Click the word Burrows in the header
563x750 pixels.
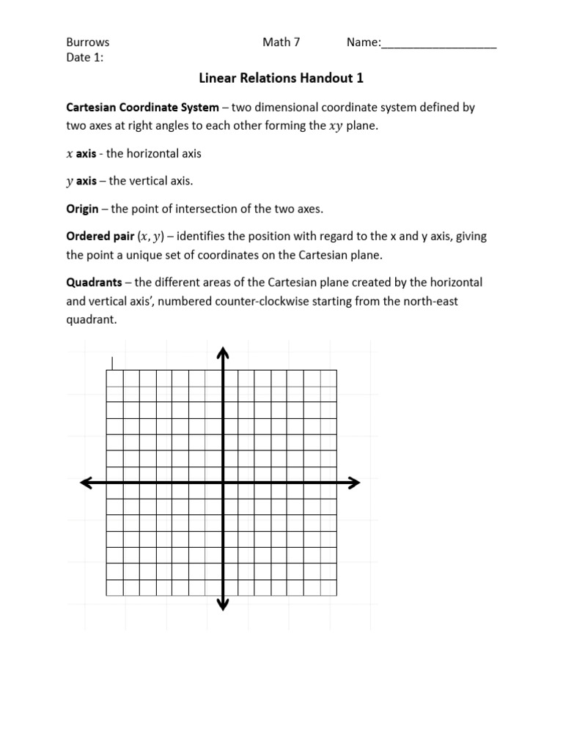pyautogui.click(x=88, y=42)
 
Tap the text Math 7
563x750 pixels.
pyautogui.click(x=281, y=42)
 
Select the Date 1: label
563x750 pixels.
pyautogui.click(x=85, y=57)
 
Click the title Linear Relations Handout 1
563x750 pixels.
pyautogui.click(x=281, y=78)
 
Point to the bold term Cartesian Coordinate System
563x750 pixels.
pyautogui.click(x=142, y=107)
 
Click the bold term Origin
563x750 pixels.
pyautogui.click(x=82, y=209)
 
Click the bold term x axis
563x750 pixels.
pyautogui.click(x=81, y=154)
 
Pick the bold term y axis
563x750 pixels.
pyautogui.click(x=81, y=181)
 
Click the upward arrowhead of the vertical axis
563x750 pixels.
pyautogui.click(x=223, y=353)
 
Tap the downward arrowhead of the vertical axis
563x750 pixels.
pyautogui.click(x=223, y=604)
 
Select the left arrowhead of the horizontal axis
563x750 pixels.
pyautogui.click(x=86, y=482)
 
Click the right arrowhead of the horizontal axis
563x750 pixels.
pyautogui.click(x=354, y=482)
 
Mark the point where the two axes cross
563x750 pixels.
pyautogui.click(x=223, y=482)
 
